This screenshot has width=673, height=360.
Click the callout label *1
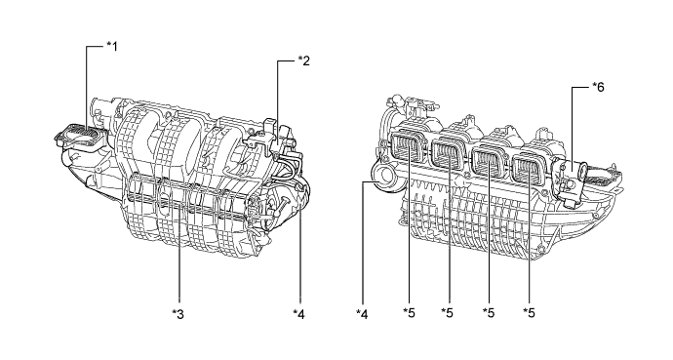tap(112, 46)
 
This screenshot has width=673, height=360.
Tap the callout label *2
tap(304, 60)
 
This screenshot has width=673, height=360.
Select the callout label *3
tap(178, 314)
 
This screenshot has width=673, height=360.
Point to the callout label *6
tap(598, 87)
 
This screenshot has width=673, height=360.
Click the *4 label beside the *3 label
tap(298, 314)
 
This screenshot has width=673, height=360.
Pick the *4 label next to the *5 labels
tap(362, 314)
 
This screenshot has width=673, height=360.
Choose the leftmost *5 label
tap(409, 313)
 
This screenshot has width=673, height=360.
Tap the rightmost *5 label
tap(530, 313)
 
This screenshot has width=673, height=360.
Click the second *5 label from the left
tap(448, 313)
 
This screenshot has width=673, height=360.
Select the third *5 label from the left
tap(489, 313)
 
